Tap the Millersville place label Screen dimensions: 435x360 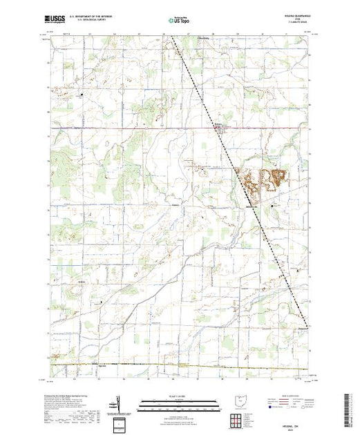(x=252, y=206)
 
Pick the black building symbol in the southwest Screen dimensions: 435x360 (x=102, y=302)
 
